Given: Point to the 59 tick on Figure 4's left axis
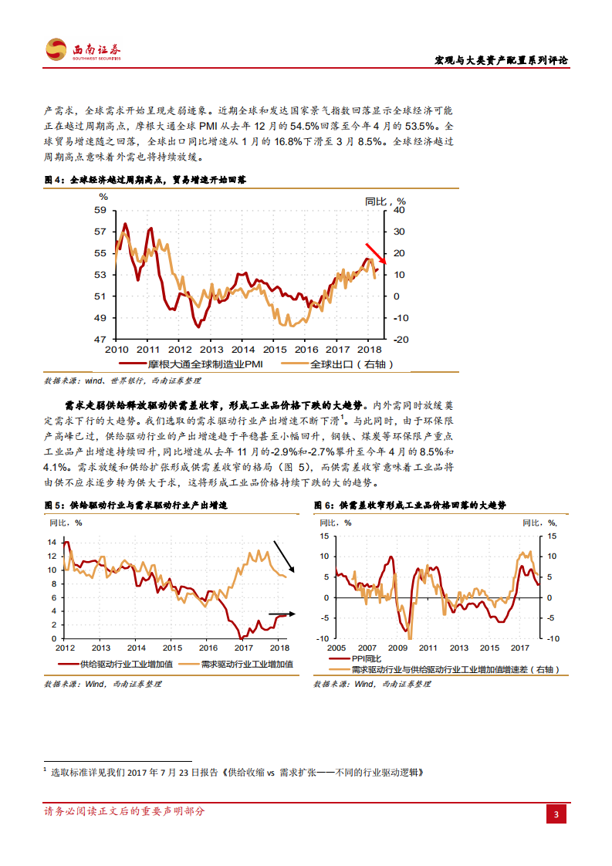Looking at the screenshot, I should [100, 210].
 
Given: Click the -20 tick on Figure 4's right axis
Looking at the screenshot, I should [400, 340].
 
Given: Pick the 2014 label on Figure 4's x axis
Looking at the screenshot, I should [242, 350].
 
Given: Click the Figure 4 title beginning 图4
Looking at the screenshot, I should [145, 179].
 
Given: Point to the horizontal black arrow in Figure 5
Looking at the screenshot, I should [282, 614].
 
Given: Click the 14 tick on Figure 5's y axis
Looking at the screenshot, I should [52, 543].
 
